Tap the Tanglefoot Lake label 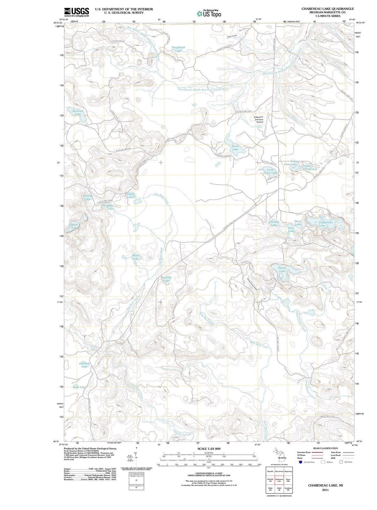178,49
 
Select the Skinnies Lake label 78,112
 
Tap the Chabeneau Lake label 325,224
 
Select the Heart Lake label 136,257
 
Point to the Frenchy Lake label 167,279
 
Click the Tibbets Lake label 74,226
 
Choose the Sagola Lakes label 131,195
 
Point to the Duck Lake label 298,222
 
